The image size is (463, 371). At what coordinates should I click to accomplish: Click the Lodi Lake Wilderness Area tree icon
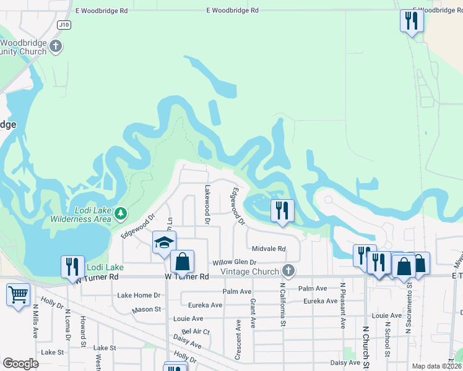point(121,214)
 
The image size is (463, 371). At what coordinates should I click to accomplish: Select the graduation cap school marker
point(164,242)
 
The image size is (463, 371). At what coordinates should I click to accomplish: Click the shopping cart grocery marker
point(18,294)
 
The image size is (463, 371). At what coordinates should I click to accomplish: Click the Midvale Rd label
point(269,249)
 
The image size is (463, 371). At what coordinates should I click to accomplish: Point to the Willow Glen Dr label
point(235,263)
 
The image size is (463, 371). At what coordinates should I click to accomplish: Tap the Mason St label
point(146,309)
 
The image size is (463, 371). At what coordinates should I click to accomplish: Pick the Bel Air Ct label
point(196,331)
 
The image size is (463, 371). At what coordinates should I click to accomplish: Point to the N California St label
point(283,305)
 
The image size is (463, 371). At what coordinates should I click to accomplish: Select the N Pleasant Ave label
point(342,305)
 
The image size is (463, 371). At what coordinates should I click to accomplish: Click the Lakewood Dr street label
point(207,203)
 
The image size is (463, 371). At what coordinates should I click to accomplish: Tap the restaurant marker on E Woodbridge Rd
point(411,22)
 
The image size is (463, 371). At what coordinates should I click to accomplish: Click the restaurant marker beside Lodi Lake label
point(72,267)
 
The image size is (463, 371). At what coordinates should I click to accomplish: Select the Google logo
point(20,364)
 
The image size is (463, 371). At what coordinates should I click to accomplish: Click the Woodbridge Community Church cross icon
point(56,46)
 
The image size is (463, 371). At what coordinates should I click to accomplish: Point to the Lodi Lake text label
point(105,267)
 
